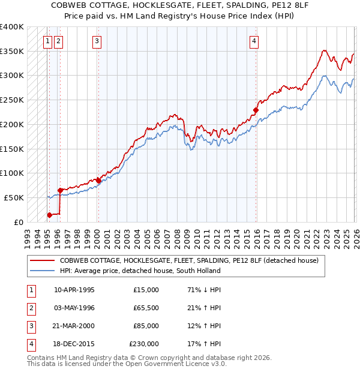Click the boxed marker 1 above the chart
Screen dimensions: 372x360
coord(47,41)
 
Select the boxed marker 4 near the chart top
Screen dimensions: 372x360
coord(254,41)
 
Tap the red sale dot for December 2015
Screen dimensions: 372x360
coord(256,110)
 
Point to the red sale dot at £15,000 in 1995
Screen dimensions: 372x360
coord(50,215)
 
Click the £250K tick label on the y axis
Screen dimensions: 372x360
coord(12,100)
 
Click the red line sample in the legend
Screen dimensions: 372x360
coord(43,260)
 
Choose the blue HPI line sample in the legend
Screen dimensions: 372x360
coord(43,271)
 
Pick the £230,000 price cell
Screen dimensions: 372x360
coord(144,344)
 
